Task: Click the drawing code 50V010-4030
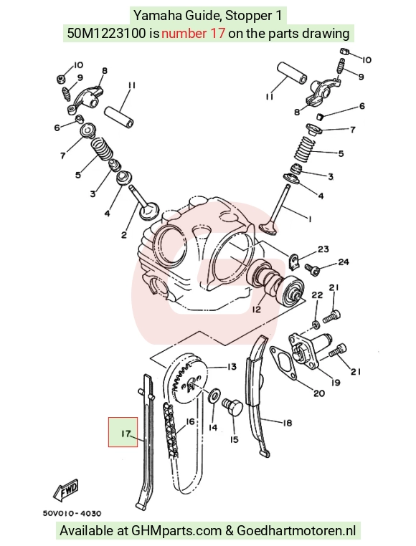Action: coord(72,513)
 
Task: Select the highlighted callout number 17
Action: coord(126,434)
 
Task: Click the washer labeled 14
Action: coord(214,396)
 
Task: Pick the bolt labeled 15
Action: coord(232,407)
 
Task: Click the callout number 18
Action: coord(287,423)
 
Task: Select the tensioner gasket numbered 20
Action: coord(284,363)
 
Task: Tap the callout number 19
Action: coord(335,383)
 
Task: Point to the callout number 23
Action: coord(323,249)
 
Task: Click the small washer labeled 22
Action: coord(316,325)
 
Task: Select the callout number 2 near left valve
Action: coord(124,235)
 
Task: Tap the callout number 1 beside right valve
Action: coord(309,219)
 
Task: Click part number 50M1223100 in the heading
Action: coord(106,34)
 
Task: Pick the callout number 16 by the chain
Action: coord(189,422)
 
